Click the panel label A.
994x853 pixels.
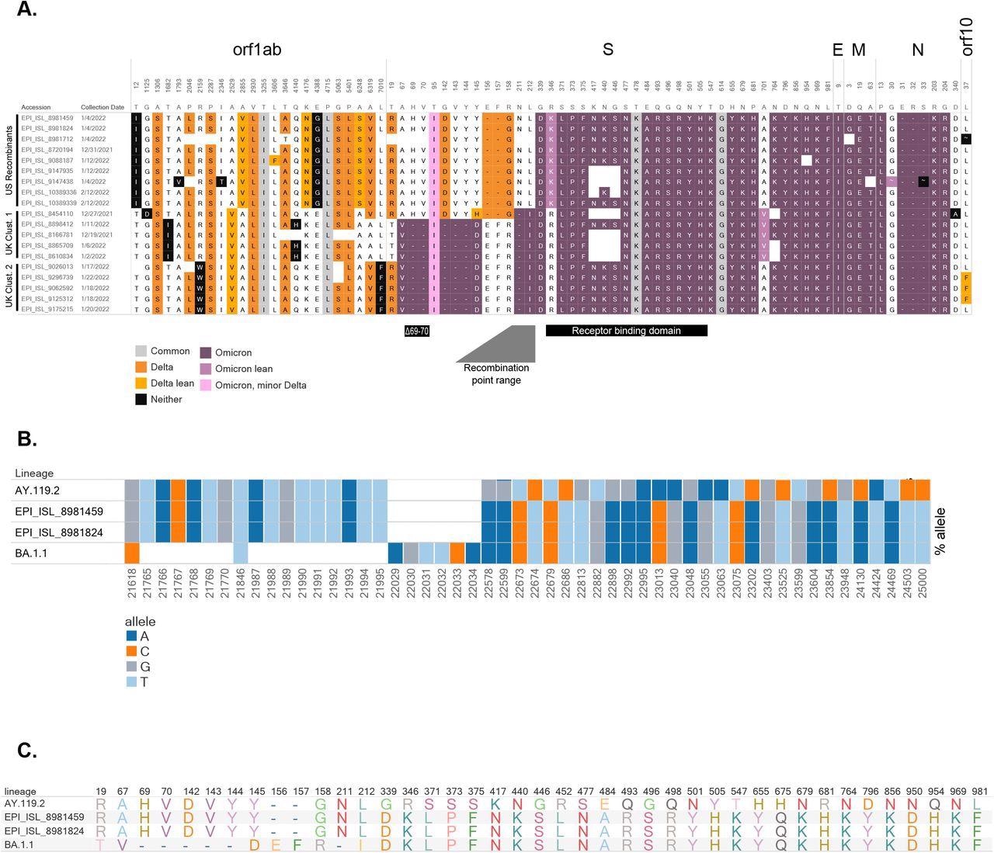tap(27, 10)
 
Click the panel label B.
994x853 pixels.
tap(27, 439)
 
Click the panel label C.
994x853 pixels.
tap(27, 751)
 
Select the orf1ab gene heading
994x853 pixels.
tap(257, 50)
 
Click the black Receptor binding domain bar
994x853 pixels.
tap(626, 331)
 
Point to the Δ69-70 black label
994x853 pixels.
tap(416, 331)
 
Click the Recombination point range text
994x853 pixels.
tap(496, 374)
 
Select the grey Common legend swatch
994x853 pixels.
tap(141, 351)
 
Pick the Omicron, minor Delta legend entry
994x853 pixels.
tap(260, 385)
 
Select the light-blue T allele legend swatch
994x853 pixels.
tap(131, 682)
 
